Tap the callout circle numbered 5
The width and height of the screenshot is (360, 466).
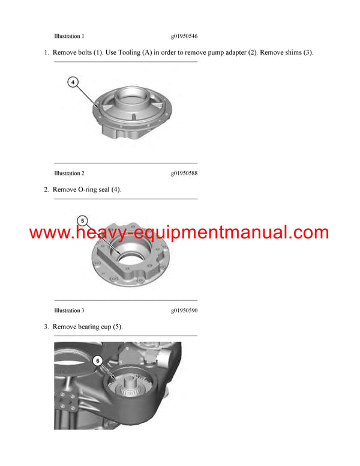[x=83, y=220]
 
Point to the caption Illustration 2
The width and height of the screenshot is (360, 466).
[x=69, y=174]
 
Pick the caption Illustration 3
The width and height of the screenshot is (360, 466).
[x=69, y=310]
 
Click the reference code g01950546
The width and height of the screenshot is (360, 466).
[x=184, y=36]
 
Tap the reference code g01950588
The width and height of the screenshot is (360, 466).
[x=184, y=174]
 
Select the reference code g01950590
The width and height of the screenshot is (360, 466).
[x=184, y=310]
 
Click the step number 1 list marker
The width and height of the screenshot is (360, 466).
[x=46, y=53]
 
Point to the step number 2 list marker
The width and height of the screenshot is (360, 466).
[x=46, y=190]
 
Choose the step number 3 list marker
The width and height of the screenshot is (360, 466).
[x=46, y=327]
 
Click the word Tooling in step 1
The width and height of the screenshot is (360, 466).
[x=130, y=53]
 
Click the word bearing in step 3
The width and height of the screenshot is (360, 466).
[x=90, y=327]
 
